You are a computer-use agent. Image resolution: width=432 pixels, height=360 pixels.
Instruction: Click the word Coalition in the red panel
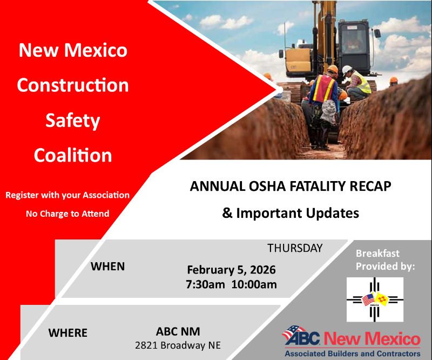pyautogui.click(x=73, y=155)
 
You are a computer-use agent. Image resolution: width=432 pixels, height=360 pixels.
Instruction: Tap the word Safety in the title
pyautogui.click(x=73, y=120)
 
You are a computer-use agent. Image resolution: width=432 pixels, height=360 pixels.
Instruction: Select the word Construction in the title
pyautogui.click(x=73, y=85)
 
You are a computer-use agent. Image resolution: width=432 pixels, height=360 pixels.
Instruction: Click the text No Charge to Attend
pyautogui.click(x=67, y=214)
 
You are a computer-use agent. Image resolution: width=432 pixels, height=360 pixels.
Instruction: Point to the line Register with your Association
pyautogui.click(x=67, y=195)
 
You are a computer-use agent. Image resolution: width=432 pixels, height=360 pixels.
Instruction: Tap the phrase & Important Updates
pyautogui.click(x=291, y=213)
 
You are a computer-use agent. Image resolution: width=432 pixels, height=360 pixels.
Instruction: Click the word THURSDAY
pyautogui.click(x=295, y=248)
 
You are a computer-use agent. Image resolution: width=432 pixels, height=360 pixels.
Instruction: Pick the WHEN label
pyautogui.click(x=107, y=266)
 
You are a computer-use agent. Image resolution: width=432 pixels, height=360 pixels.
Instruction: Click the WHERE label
pyautogui.click(x=68, y=332)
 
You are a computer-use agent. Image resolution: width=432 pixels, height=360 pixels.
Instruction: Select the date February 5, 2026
pyautogui.click(x=232, y=270)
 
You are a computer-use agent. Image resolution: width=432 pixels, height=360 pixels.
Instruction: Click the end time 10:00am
pyautogui.click(x=253, y=284)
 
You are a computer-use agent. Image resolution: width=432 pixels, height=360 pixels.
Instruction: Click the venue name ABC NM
pyautogui.click(x=178, y=330)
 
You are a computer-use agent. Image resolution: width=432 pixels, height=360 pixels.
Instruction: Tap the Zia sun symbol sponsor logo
pyautogui.click(x=375, y=299)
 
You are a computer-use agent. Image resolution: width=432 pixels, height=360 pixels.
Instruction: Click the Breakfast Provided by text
pyautogui.click(x=385, y=259)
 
